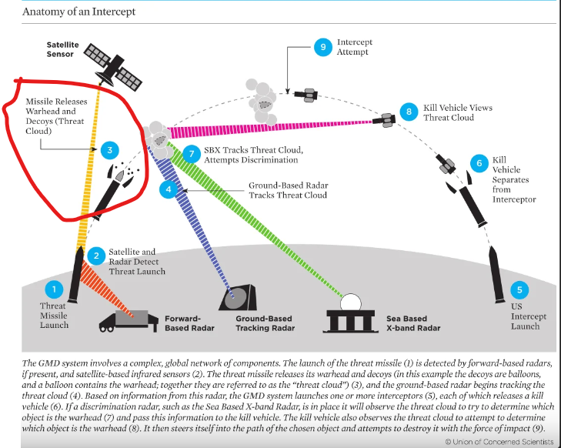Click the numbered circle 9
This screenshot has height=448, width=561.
[x=323, y=47]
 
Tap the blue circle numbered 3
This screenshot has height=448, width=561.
[x=110, y=150]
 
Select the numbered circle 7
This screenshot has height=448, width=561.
[x=192, y=154]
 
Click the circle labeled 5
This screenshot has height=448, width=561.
[x=519, y=290]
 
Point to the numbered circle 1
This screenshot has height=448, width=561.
[x=54, y=289]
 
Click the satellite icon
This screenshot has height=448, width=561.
[x=112, y=67]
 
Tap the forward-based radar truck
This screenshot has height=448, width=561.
[x=129, y=321]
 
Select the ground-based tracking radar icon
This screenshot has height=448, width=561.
[x=239, y=298]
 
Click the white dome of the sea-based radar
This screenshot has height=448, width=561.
[x=351, y=302]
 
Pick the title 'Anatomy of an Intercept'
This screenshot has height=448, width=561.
[x=78, y=12]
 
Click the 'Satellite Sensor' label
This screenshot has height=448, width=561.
[x=62, y=49]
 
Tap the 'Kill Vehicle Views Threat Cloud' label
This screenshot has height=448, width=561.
[x=458, y=112]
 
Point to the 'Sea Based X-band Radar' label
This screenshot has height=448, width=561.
[x=413, y=323]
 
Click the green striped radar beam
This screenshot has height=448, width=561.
[x=255, y=220]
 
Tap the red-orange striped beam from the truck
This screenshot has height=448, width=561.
[x=106, y=289]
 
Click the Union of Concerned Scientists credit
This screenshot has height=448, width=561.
[x=499, y=442]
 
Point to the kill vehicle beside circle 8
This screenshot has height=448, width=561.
[x=384, y=120]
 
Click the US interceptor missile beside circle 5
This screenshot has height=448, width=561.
[x=497, y=275]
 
